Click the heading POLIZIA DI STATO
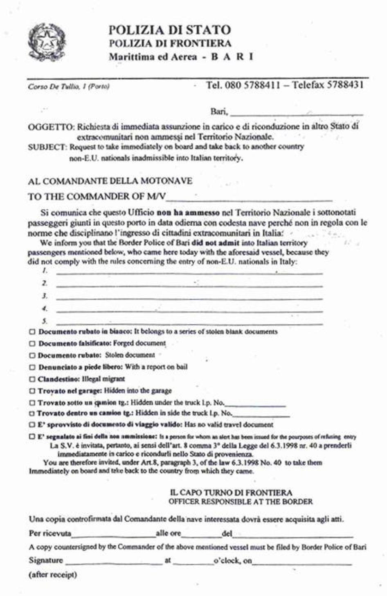tap(170, 30)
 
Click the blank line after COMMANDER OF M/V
tap(250, 199)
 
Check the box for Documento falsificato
tap(32, 344)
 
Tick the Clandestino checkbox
tap(32, 379)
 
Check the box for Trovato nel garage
tap(32, 391)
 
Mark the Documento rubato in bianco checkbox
tap(32, 332)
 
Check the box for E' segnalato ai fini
tap(32, 437)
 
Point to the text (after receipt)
tap(53, 575)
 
